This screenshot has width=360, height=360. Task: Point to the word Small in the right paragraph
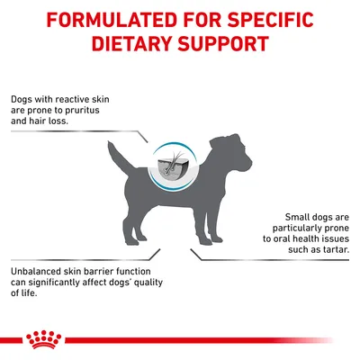pyautogui.click(x=280, y=218)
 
